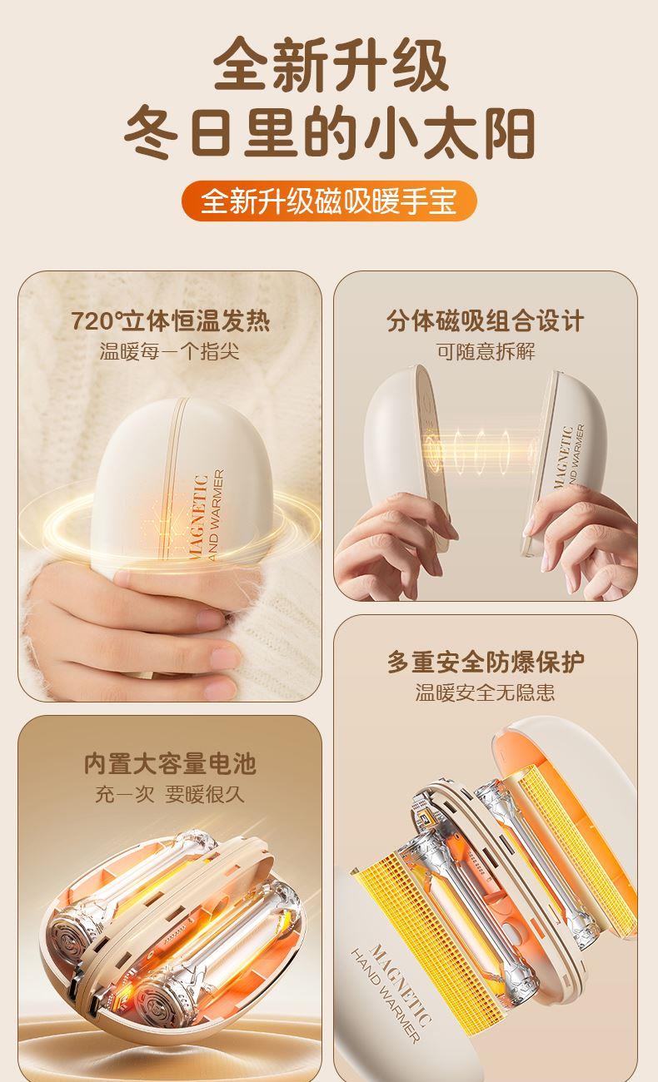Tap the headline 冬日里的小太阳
pos(329,133)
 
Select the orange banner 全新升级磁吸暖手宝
pos(329,201)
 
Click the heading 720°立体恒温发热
pos(170,320)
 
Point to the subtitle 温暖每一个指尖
pos(170,351)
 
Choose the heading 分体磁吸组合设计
pos(485,320)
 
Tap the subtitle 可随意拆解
pos(486,351)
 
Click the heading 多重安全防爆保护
pos(486,662)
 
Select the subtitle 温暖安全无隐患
pos(485,692)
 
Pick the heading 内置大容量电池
pos(170,763)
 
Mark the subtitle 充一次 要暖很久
pos(170,794)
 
